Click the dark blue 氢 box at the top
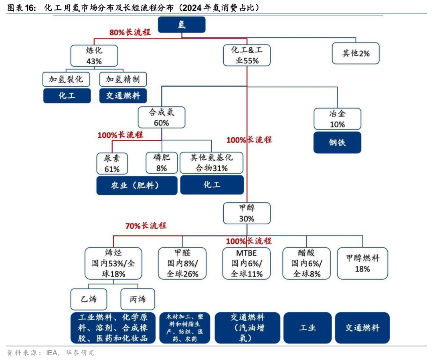click(182, 25)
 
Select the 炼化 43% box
click(94, 55)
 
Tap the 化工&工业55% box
click(247, 55)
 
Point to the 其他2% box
click(356, 53)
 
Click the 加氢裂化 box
click(66, 79)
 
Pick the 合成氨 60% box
click(162, 117)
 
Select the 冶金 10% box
click(337, 119)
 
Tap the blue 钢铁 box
click(337, 142)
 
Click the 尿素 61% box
click(112, 163)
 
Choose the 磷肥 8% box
click(162, 163)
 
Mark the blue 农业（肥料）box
click(136, 185)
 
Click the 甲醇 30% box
click(247, 213)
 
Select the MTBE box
click(247, 263)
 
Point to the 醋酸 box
click(307, 263)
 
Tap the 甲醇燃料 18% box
click(362, 263)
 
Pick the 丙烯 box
click(138, 299)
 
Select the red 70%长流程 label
click(146, 226)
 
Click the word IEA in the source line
click(53, 353)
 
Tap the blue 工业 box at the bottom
click(308, 328)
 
